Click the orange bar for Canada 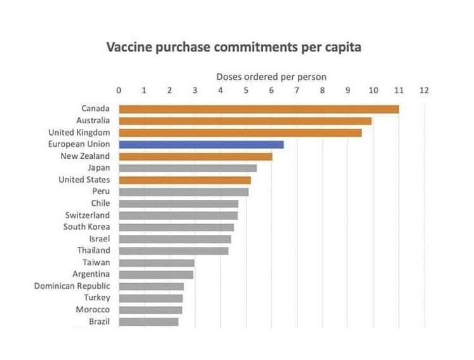point(259,109)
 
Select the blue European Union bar point(201,145)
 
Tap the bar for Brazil point(149,322)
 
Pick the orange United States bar point(185,180)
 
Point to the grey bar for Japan point(188,168)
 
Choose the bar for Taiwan point(156,263)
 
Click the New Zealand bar point(196,156)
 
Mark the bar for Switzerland point(179,216)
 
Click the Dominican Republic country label point(72,286)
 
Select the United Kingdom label point(79,133)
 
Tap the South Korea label point(87,227)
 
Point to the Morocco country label point(93,310)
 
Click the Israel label point(100,239)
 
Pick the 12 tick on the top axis point(424,90)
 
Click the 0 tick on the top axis point(119,90)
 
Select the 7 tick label point(297,90)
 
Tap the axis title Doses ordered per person point(271,77)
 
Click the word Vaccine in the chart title point(130,47)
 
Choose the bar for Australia point(245,121)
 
